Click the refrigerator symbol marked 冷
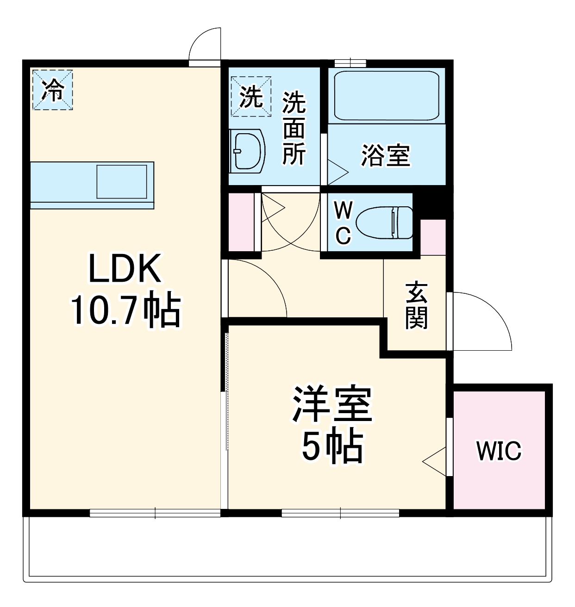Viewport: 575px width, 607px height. coord(52,90)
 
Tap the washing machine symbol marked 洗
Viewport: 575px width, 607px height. coord(251,96)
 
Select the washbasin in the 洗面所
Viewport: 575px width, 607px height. coord(247,151)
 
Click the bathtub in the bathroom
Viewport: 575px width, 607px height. coord(386,96)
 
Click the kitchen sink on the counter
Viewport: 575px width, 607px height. coord(122,181)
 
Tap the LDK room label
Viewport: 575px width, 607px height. coord(125,269)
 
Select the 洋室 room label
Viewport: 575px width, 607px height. coord(332,403)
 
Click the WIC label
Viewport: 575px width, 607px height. coord(499,451)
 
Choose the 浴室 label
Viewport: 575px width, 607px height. coord(386,155)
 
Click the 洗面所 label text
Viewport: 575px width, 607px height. coord(294,129)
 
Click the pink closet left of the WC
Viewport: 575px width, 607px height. coord(241,221)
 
